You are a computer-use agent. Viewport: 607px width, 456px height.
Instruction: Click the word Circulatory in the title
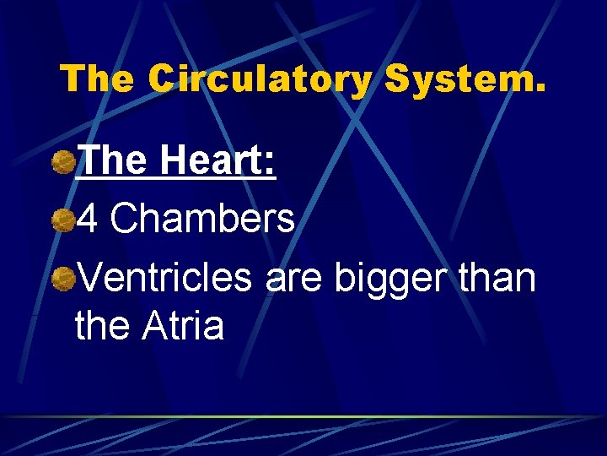pyautogui.click(x=260, y=79)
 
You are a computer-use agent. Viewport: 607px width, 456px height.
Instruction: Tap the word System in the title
pyautogui.click(x=459, y=79)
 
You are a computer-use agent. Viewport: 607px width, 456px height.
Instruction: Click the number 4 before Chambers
pyautogui.click(x=88, y=220)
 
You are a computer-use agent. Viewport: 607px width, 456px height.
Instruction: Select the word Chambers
pyautogui.click(x=202, y=220)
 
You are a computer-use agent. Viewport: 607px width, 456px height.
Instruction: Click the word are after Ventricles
pyautogui.click(x=294, y=279)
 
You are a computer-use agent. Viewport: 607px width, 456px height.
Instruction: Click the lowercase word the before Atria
pyautogui.click(x=103, y=325)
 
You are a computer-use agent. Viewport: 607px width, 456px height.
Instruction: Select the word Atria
pyautogui.click(x=183, y=325)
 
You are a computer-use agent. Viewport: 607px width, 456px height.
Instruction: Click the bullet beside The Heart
pyautogui.click(x=63, y=161)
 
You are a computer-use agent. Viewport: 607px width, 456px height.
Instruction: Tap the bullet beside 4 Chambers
pyautogui.click(x=63, y=220)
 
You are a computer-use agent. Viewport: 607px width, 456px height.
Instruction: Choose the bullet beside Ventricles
pyautogui.click(x=63, y=278)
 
